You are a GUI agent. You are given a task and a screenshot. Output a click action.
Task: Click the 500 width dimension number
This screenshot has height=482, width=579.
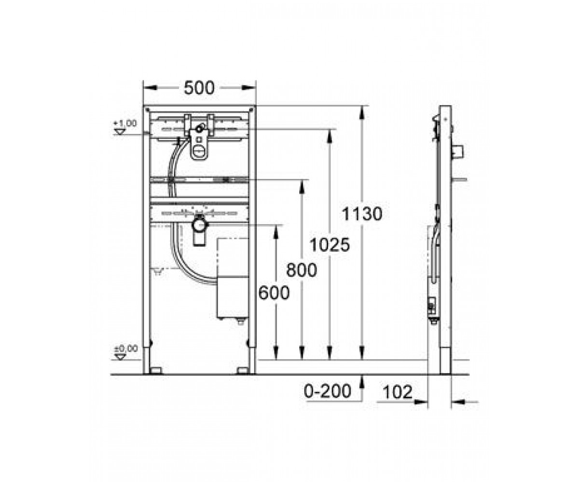[x=199, y=88]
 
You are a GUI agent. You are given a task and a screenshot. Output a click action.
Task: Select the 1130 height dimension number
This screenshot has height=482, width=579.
[x=362, y=214]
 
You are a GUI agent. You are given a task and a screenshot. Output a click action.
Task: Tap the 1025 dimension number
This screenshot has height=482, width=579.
[x=330, y=245]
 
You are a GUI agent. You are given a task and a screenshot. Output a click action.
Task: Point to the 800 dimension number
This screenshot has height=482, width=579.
[x=302, y=270]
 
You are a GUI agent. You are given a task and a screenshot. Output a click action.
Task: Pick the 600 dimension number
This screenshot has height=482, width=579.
[x=274, y=293]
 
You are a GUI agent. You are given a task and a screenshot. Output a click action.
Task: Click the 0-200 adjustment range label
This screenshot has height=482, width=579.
[x=328, y=391]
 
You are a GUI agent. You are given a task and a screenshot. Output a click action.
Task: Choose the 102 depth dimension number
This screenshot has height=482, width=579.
[x=398, y=392]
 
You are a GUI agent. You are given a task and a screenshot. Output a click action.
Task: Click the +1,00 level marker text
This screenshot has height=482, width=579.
[x=125, y=123]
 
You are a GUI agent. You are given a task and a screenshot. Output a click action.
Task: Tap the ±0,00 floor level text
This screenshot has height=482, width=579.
[x=126, y=348]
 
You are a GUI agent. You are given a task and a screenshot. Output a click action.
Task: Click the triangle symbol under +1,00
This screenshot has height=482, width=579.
[x=120, y=132]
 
